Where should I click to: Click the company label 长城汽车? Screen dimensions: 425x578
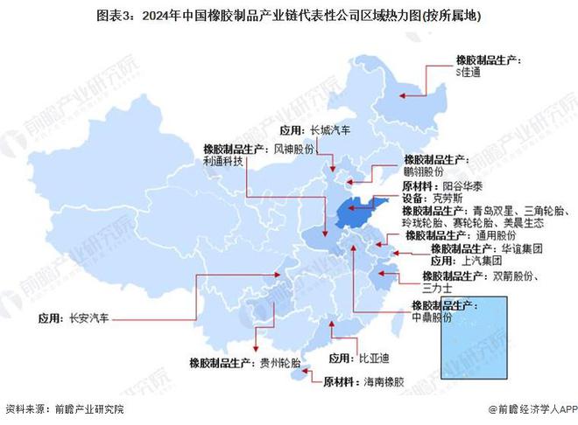[x=333, y=129]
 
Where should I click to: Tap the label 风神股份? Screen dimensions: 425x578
[x=294, y=150]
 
